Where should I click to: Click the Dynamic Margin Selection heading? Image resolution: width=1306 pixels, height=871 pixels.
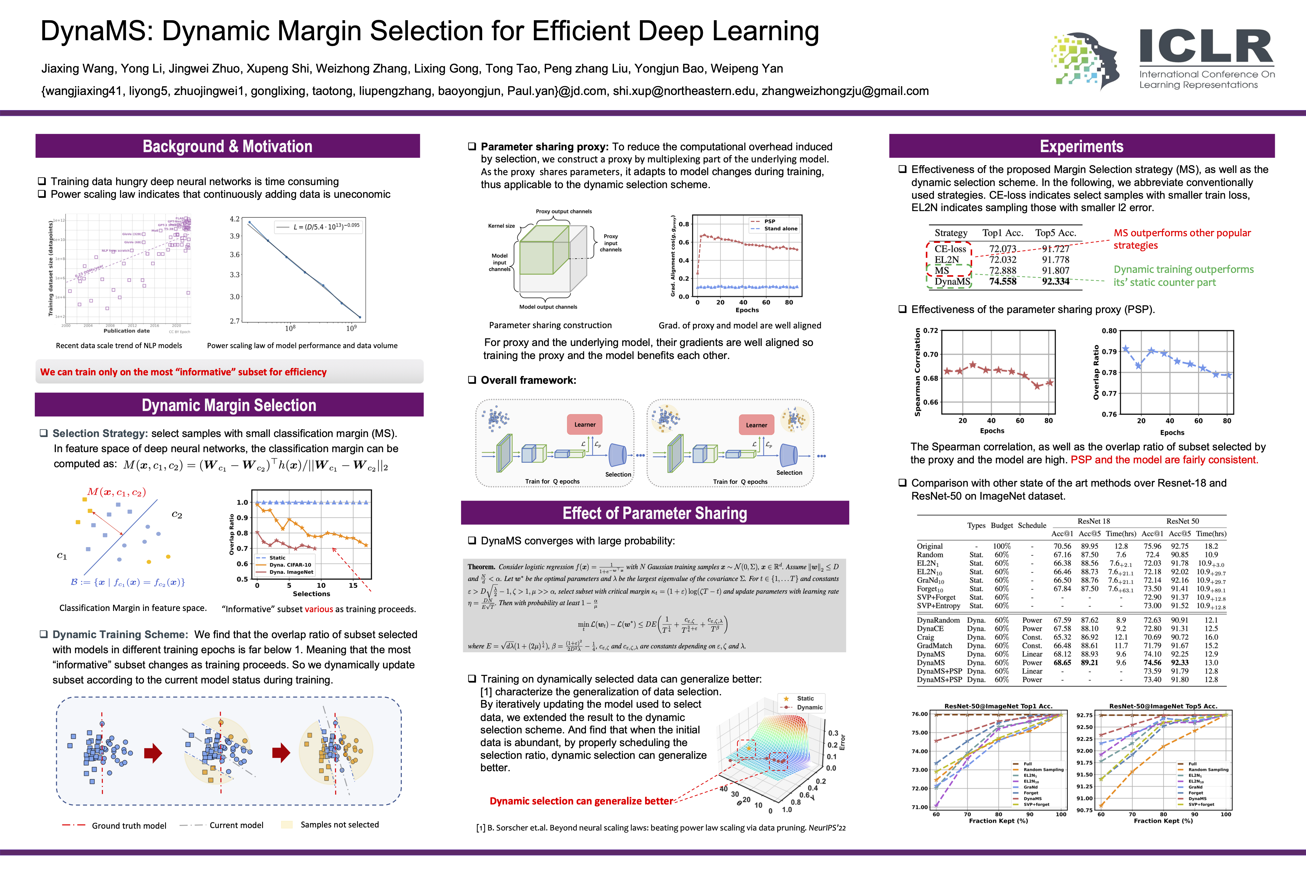point(229,405)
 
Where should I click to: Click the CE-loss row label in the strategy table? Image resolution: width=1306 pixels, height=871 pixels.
point(950,249)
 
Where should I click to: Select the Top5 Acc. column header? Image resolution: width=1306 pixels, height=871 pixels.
point(1055,233)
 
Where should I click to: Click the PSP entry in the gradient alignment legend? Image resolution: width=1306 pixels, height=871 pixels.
point(769,221)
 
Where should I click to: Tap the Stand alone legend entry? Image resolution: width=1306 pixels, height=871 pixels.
point(780,229)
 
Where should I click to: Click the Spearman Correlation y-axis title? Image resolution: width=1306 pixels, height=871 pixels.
point(917,372)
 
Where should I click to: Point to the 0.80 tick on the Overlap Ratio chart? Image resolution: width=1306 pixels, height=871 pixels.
point(1109,331)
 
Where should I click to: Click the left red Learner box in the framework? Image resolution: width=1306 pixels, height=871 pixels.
point(585,424)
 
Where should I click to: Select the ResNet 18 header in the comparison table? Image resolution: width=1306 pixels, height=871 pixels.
point(1093,521)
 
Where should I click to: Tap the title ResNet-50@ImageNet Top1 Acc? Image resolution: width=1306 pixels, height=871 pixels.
point(998,706)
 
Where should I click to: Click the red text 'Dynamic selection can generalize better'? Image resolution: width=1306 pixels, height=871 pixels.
point(581,801)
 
